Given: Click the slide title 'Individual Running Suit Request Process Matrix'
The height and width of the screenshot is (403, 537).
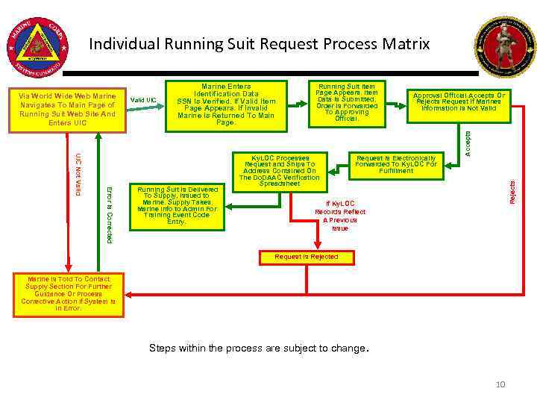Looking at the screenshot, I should click(259, 44).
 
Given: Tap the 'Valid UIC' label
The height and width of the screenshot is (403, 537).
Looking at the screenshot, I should click(143, 100).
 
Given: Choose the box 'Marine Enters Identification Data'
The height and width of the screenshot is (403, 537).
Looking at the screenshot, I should click(226, 104).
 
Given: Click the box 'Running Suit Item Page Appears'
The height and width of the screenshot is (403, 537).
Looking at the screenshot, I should click(347, 102).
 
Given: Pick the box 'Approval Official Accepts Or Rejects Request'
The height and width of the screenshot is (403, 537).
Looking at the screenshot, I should click(459, 102).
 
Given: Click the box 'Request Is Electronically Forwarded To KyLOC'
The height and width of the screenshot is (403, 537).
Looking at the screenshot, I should click(395, 164).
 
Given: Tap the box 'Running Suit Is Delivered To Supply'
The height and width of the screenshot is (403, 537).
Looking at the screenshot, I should click(177, 205).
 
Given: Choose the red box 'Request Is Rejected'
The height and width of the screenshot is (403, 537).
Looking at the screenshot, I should click(306, 257).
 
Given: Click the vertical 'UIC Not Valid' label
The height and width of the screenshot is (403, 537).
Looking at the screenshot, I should click(78, 175).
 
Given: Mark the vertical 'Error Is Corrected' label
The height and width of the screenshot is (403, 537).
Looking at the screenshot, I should click(110, 213).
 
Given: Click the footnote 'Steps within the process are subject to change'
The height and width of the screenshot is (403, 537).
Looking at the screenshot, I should click(258, 348).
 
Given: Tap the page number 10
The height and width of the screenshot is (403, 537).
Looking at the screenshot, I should click(500, 384).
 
